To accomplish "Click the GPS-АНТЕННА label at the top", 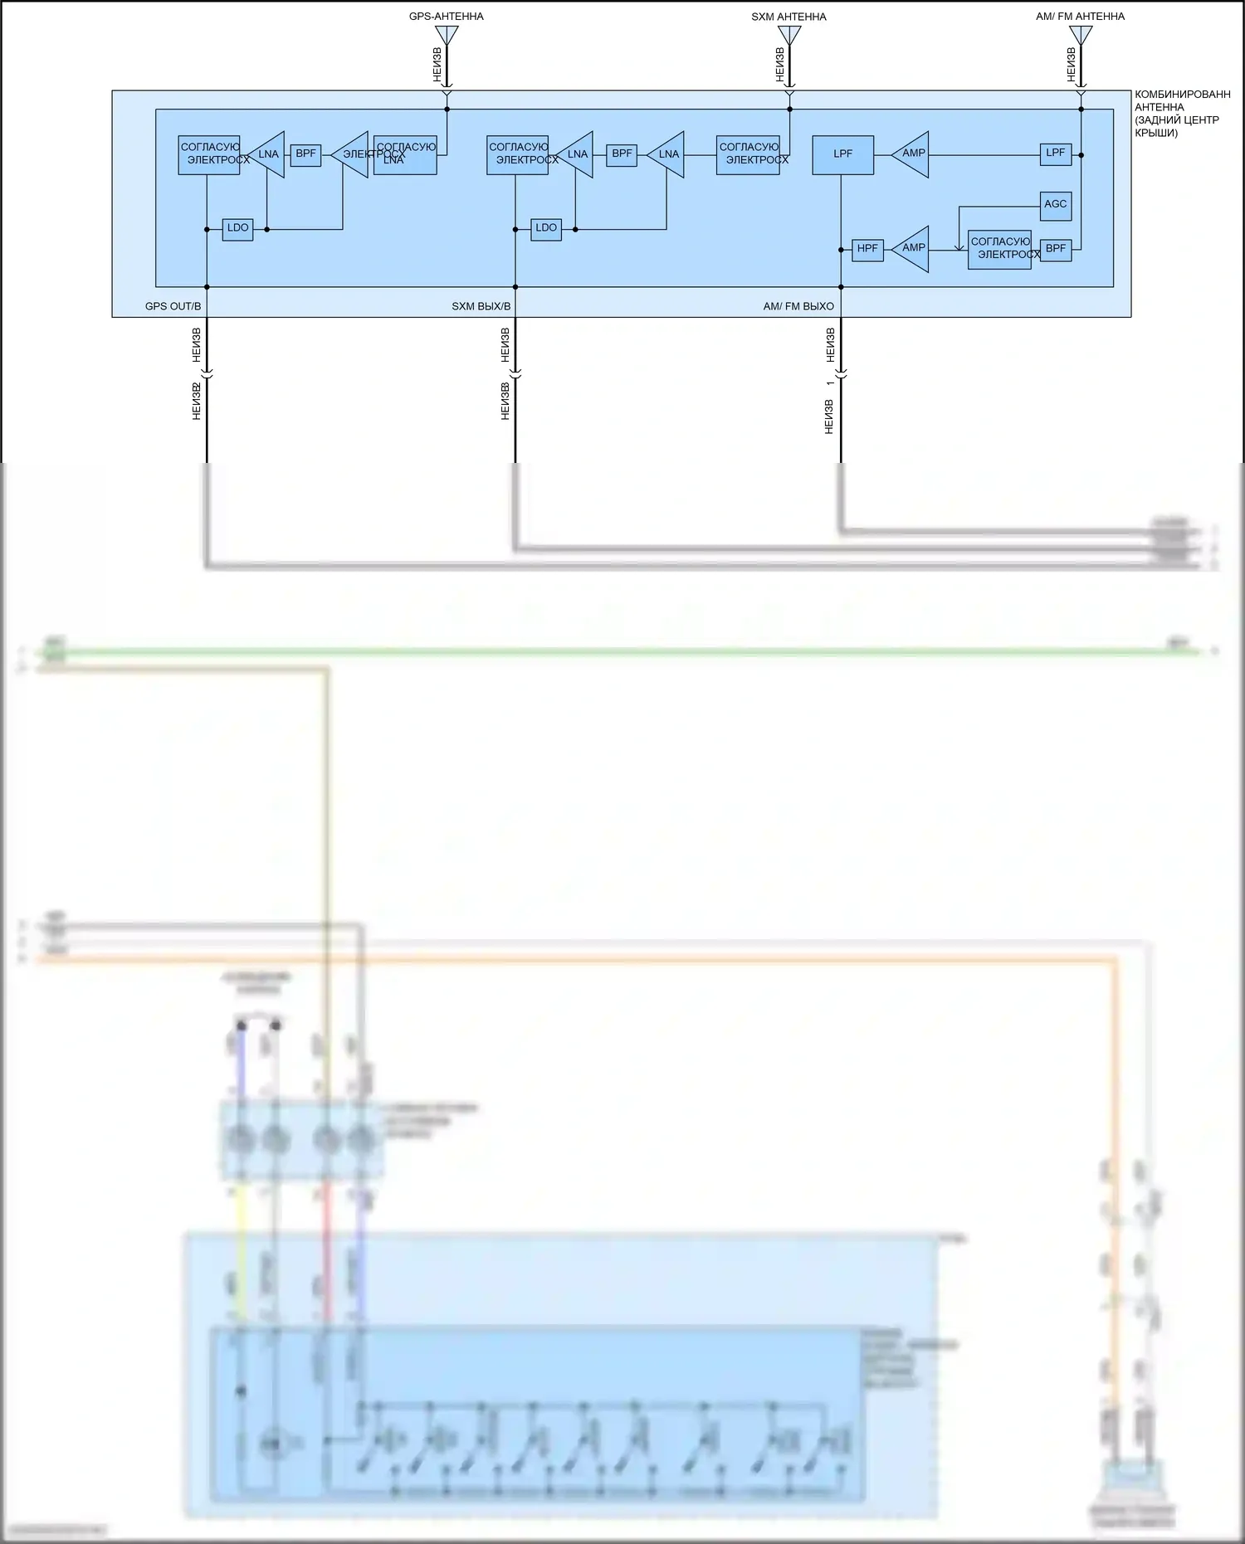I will (x=446, y=17).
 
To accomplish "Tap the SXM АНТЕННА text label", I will (x=788, y=17).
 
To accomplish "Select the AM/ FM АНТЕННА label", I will (x=1080, y=17).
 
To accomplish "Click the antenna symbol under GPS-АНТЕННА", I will (x=447, y=35).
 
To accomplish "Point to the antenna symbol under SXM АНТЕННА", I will (x=789, y=35).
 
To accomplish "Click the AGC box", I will (x=1055, y=205).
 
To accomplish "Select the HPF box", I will (x=867, y=249).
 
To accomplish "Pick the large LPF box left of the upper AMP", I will (x=842, y=154).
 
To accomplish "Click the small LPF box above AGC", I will (x=1055, y=153).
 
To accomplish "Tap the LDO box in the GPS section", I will (x=237, y=228).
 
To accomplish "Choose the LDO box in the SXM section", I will (x=546, y=228).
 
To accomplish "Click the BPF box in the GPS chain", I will (x=305, y=154).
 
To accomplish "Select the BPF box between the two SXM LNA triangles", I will (x=622, y=154).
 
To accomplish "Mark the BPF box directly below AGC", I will (x=1055, y=249).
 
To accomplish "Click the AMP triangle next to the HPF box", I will (x=911, y=248).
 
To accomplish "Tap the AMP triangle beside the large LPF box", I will (x=911, y=153).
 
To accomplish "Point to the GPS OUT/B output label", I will (x=173, y=306).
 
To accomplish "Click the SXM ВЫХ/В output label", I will (x=481, y=306).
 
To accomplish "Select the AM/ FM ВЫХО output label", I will (x=798, y=306).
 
